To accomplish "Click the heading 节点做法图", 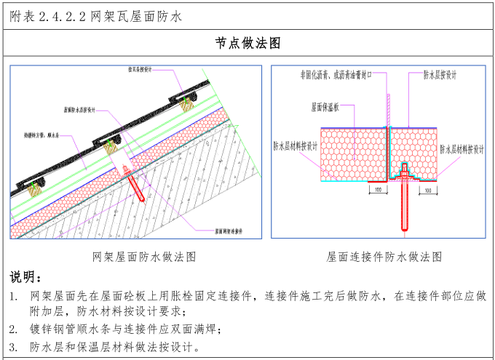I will [x=247, y=44].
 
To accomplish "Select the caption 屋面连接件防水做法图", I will [x=384, y=256].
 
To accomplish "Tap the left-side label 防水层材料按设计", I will [x=296, y=145].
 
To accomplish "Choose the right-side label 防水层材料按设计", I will [x=462, y=149].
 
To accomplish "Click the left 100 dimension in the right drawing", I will [x=377, y=190].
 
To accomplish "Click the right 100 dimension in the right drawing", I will [x=427, y=190].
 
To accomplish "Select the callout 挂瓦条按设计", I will [x=139, y=71].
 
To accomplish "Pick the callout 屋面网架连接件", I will [x=229, y=231].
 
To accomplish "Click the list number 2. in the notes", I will [x=14, y=329].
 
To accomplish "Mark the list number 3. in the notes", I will [x=14, y=346].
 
